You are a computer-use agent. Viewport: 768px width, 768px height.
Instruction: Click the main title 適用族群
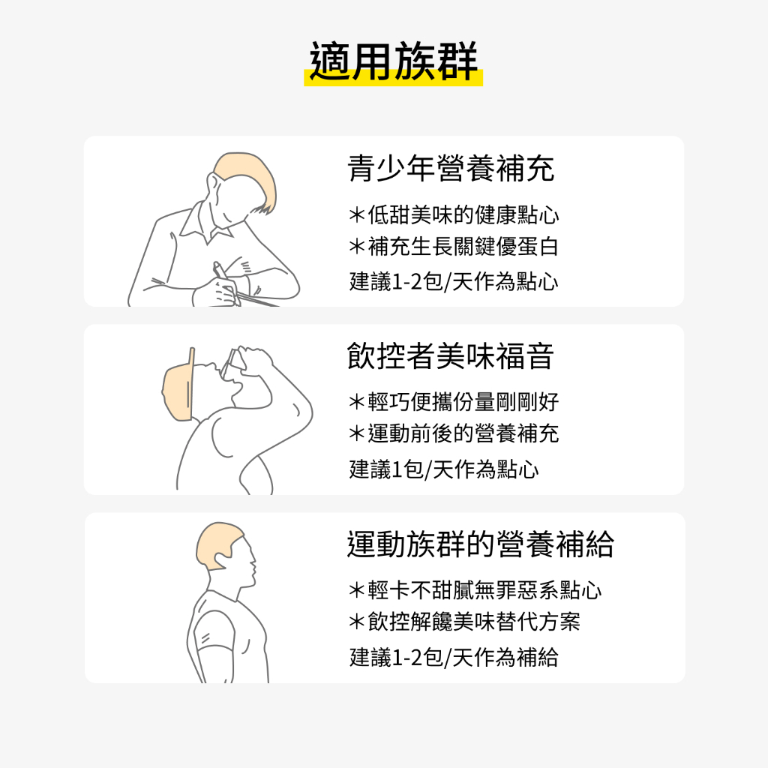coord(393,61)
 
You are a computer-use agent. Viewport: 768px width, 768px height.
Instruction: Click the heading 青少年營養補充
coord(451,169)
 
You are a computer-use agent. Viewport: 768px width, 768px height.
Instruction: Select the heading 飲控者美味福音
coord(451,356)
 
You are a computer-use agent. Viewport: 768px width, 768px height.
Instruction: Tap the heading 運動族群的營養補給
coord(480,544)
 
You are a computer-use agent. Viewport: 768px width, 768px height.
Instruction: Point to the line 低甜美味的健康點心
coord(454,215)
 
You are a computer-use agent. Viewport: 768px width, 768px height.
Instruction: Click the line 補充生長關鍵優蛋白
coord(454,246)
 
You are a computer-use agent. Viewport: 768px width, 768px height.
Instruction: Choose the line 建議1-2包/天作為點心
coord(454,282)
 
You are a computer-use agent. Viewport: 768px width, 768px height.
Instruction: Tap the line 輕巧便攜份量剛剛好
coord(454,402)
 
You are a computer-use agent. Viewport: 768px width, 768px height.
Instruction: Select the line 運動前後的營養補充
coord(454,433)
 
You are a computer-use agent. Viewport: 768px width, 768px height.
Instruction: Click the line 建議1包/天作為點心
coord(444,469)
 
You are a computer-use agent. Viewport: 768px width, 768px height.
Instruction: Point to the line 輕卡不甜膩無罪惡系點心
coord(475,590)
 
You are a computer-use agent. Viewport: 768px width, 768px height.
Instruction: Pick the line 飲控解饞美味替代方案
coord(464,622)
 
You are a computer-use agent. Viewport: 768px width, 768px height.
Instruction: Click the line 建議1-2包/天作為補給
coord(454,657)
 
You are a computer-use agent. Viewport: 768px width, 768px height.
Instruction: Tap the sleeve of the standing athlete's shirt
coord(215,631)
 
